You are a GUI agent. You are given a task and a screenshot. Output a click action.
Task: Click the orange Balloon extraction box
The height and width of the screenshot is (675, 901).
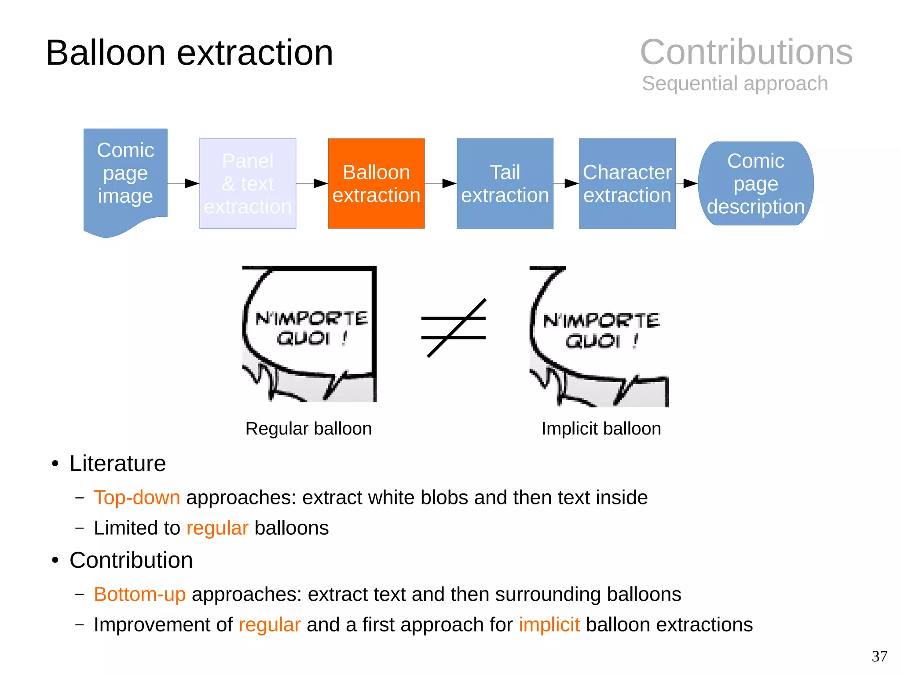(376, 183)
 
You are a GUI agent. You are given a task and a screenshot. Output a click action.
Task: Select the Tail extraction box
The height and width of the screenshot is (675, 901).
(505, 183)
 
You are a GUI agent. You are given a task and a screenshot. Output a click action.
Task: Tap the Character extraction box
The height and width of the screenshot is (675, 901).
(627, 183)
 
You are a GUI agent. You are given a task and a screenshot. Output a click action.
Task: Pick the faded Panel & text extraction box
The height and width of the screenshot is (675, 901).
(248, 183)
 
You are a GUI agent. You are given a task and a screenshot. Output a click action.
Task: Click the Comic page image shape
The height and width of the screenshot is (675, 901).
(125, 176)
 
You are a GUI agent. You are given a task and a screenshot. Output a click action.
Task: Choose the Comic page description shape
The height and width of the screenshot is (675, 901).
(755, 183)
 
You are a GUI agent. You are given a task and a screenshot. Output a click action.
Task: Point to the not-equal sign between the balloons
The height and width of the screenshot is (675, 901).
(454, 328)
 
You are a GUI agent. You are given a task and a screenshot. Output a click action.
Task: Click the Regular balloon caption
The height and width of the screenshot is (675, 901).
(308, 428)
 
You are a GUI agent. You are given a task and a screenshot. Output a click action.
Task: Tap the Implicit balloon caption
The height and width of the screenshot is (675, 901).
(601, 428)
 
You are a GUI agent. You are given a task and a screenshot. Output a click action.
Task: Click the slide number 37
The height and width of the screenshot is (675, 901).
(879, 656)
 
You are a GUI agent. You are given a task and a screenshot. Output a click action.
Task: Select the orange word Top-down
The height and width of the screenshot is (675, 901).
(137, 497)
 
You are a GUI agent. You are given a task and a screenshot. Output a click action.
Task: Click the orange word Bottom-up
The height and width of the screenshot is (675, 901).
(139, 594)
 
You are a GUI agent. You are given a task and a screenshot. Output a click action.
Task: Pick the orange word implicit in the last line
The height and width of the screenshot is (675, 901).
(549, 624)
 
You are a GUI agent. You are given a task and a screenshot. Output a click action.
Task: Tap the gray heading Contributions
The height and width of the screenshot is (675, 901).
(746, 52)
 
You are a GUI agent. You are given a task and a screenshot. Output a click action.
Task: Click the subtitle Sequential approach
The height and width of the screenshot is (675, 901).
(735, 83)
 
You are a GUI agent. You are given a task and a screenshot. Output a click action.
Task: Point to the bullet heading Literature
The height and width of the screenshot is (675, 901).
(117, 463)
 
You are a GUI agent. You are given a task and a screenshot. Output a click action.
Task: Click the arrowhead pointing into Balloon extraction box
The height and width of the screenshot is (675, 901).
(321, 183)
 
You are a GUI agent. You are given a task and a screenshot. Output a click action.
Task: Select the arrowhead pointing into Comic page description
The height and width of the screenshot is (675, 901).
(690, 183)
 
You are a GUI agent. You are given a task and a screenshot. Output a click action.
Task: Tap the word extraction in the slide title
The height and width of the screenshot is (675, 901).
(255, 53)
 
